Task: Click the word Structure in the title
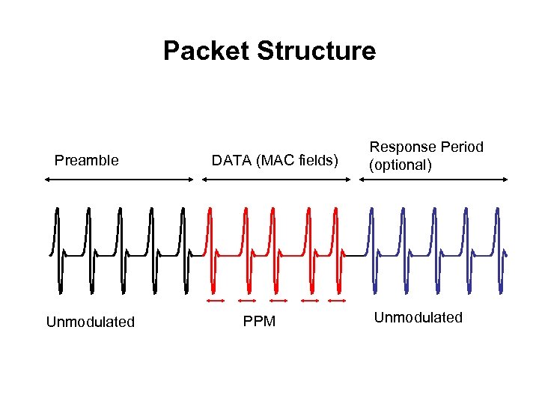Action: (x=316, y=51)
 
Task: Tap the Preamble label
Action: (x=87, y=160)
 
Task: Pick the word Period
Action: (x=462, y=147)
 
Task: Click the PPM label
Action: (x=259, y=322)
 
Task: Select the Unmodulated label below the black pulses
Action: (x=91, y=322)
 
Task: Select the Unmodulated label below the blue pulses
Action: (x=418, y=317)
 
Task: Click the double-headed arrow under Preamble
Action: (x=119, y=180)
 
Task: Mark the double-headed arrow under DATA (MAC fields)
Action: (x=274, y=180)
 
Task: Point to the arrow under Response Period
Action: (x=434, y=180)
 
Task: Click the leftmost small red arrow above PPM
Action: (x=216, y=301)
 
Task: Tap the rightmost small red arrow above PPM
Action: (x=337, y=301)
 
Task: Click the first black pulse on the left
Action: (x=58, y=251)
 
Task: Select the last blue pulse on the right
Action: (x=498, y=251)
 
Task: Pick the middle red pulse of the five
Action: (x=276, y=251)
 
